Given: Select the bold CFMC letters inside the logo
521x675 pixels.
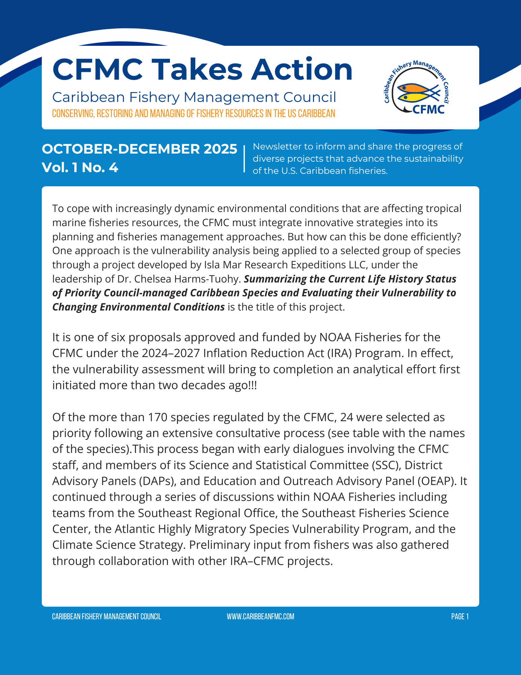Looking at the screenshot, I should [428, 109].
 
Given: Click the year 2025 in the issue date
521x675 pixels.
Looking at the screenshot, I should [221, 149].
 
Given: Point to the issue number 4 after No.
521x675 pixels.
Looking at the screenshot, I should [114, 167].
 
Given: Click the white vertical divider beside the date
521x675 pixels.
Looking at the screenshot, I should [244, 158].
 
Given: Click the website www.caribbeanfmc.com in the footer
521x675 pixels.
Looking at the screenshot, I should [260, 617].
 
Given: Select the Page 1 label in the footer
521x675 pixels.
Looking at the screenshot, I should [460, 617].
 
